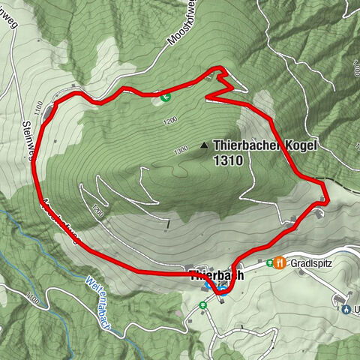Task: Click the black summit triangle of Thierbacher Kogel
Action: click(x=203, y=145)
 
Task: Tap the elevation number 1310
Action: click(x=228, y=159)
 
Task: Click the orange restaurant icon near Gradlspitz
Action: click(x=280, y=262)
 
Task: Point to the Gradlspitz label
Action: click(x=316, y=263)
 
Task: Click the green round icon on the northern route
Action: click(x=165, y=96)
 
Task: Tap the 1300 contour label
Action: click(x=181, y=151)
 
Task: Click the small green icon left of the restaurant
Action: click(x=268, y=263)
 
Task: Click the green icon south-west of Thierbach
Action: click(x=203, y=305)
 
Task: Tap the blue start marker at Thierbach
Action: click(x=223, y=292)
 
